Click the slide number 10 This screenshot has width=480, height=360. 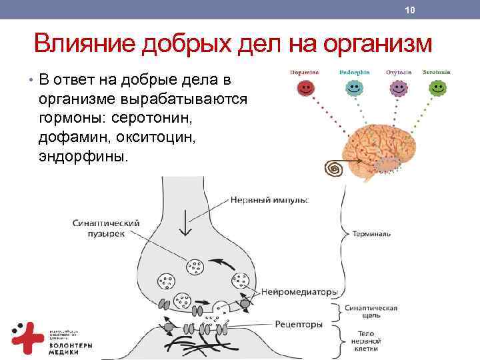coord(410,10)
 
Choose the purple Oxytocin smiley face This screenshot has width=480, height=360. coord(398,87)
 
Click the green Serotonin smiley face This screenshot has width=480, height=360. coord(438,87)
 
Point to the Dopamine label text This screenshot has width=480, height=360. coord(304,72)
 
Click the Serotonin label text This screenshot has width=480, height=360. coord(437,72)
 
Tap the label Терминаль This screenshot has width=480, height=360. coord(368,234)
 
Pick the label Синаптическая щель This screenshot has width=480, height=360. coord(371,313)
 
